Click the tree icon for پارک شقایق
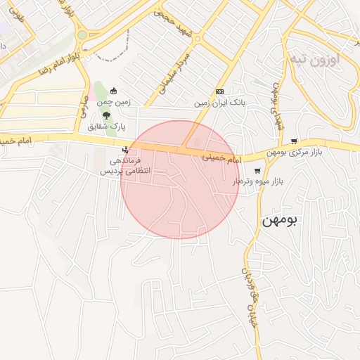(x=105, y=115)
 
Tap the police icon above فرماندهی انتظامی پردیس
(x=125, y=150)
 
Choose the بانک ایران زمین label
(x=220, y=103)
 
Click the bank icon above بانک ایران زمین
(x=220, y=91)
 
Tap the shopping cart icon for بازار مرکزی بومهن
(x=293, y=141)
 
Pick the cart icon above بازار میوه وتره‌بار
(x=257, y=170)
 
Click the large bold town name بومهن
(x=280, y=220)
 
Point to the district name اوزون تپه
(x=315, y=60)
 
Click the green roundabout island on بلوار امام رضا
(x=82, y=34)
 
